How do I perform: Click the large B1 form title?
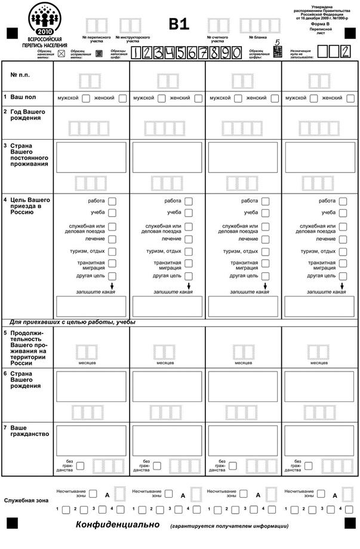click(179, 23)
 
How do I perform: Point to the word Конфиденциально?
click(118, 525)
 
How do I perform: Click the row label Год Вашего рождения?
click(26, 114)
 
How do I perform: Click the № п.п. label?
click(21, 75)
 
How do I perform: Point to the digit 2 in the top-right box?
click(345, 51)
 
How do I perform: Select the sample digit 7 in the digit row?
click(204, 53)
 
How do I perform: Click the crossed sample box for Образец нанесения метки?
click(61, 53)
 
